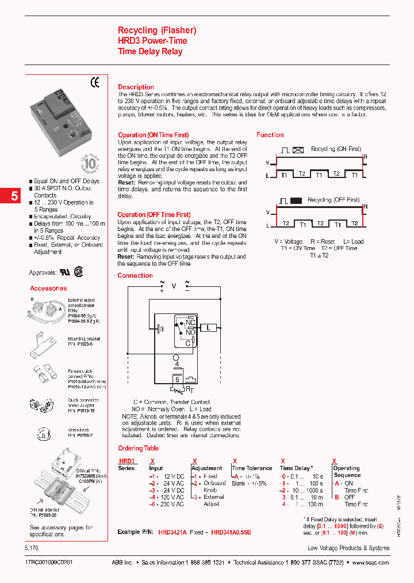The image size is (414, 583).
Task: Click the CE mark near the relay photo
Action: (x=95, y=83)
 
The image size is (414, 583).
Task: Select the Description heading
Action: (x=136, y=87)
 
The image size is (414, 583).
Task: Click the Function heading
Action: (x=270, y=135)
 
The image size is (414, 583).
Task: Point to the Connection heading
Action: (x=135, y=275)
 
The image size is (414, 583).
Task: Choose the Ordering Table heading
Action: (x=138, y=448)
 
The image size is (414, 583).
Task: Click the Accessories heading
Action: (x=48, y=288)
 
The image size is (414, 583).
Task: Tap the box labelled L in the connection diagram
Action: (x=209, y=328)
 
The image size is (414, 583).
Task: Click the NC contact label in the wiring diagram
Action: (x=190, y=323)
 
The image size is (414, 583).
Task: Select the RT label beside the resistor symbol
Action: (x=190, y=389)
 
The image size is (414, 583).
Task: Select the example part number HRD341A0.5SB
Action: (x=231, y=533)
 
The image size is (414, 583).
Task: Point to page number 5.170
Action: (x=34, y=548)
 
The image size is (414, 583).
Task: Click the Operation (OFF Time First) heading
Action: (x=154, y=215)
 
